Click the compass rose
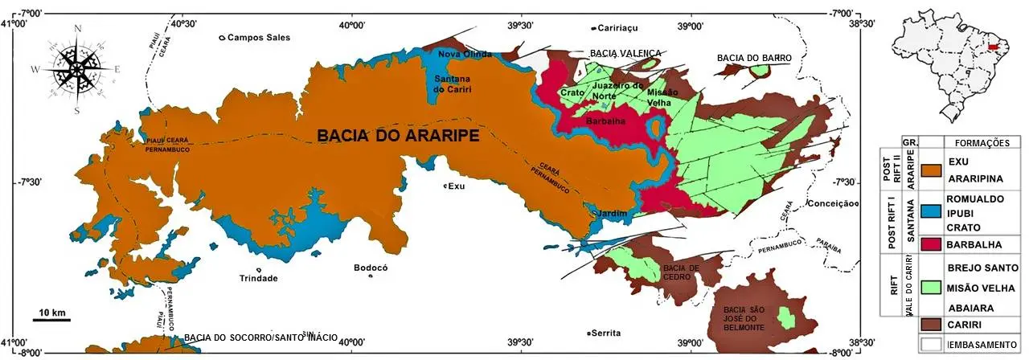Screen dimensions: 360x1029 (77, 69)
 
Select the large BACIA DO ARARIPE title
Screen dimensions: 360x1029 (398, 137)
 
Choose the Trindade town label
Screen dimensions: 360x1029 (258, 278)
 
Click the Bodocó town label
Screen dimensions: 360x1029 (371, 268)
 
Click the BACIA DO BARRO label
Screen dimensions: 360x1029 (755, 59)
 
